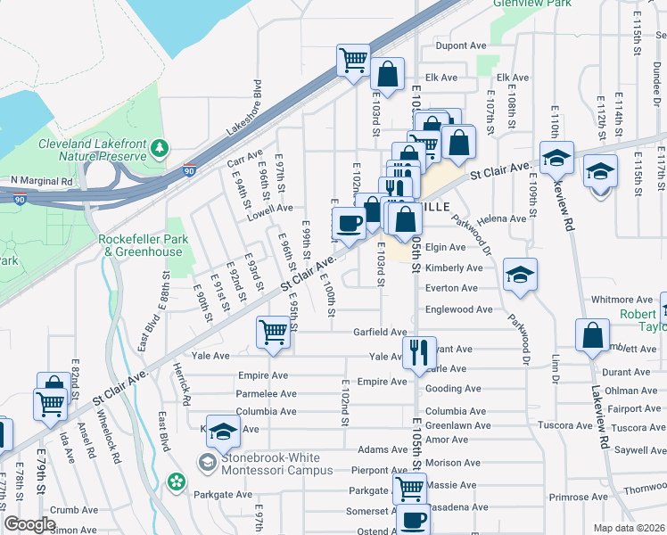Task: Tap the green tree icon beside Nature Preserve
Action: pos(161,146)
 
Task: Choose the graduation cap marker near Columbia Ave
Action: pos(224,430)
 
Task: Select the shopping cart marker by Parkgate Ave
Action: pos(409,489)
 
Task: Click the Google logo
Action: pos(29,524)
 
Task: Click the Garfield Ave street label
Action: pos(381,332)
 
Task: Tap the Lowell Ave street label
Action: pos(272,208)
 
